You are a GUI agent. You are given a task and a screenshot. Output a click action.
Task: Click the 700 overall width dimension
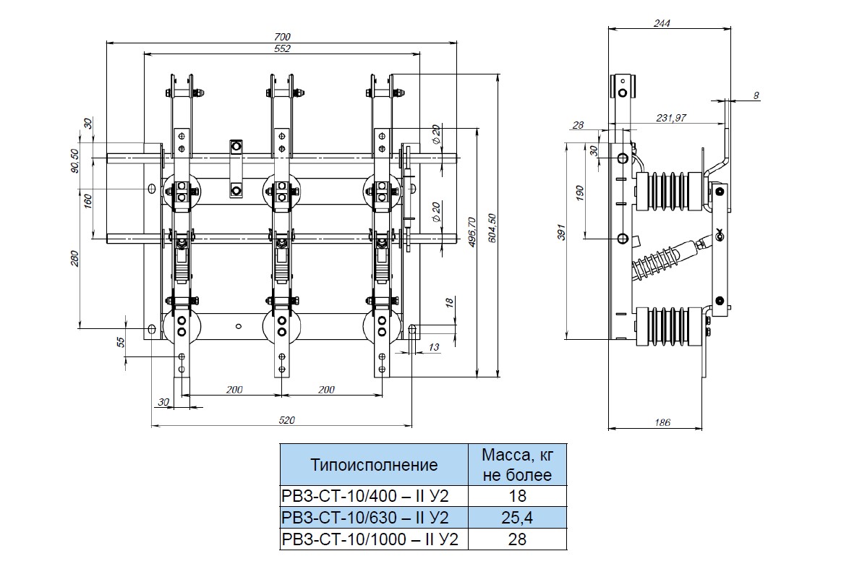(282, 37)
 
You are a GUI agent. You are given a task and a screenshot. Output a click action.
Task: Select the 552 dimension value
(282, 48)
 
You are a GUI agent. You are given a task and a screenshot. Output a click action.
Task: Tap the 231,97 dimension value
(672, 118)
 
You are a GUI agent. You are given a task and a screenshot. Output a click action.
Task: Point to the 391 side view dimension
(560, 232)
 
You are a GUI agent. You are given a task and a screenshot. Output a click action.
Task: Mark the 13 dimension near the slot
(434, 348)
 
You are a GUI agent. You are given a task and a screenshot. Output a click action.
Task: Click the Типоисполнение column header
(374, 465)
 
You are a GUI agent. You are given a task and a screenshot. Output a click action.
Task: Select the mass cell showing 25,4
(517, 517)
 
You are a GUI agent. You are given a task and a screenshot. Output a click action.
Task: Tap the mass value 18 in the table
(517, 496)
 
